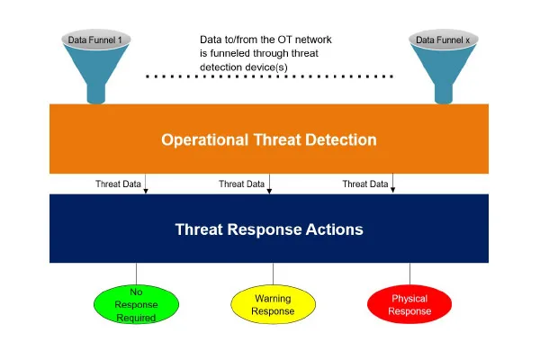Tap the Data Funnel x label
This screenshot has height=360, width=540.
[x=442, y=40]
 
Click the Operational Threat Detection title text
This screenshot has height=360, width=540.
[x=269, y=139]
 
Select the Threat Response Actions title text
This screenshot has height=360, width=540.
[x=269, y=229]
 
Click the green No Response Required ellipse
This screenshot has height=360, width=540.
[x=137, y=304]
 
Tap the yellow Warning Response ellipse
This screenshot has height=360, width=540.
[x=273, y=304]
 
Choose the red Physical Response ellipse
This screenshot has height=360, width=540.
[x=409, y=304]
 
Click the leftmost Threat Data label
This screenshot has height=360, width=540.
[x=118, y=184]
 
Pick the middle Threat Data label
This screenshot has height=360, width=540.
[x=241, y=184]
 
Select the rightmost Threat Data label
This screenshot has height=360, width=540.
[x=364, y=184]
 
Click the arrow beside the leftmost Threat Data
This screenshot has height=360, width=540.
[x=147, y=184]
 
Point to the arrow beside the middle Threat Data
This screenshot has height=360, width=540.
[x=270, y=184]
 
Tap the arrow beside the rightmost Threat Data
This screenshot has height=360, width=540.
[x=393, y=184]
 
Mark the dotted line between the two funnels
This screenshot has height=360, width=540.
[x=270, y=76]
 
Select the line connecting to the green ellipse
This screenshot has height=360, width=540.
[x=137, y=274]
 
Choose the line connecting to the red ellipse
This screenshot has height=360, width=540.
[x=409, y=274]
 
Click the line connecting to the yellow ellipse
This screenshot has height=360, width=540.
[x=273, y=274]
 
